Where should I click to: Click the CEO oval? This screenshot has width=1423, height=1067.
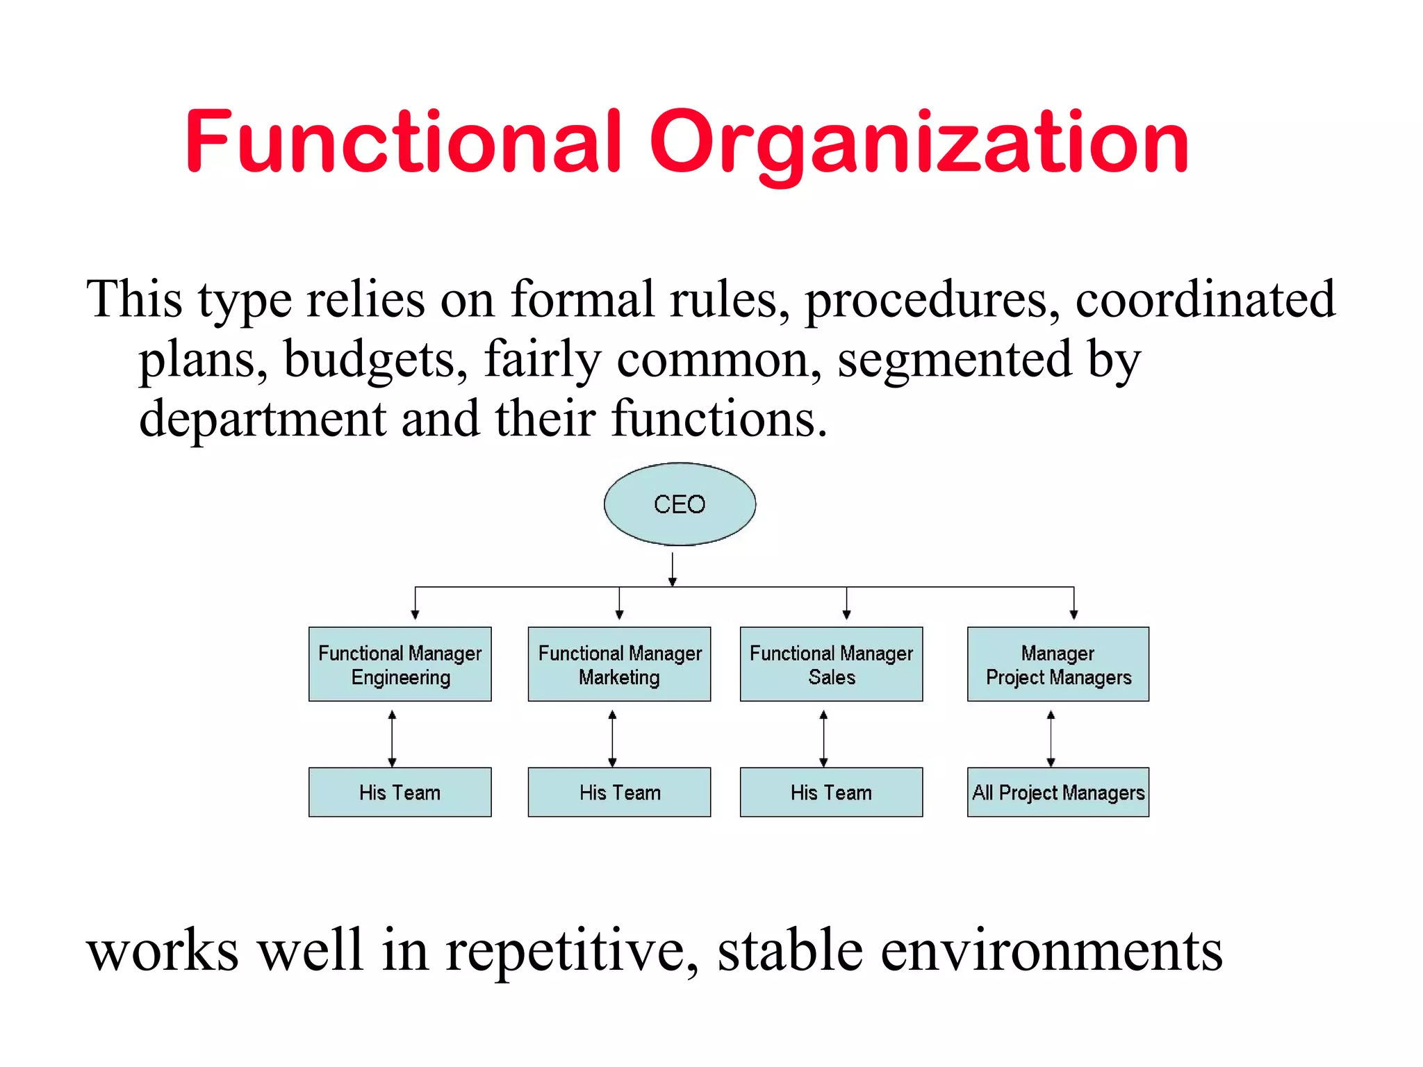pyautogui.click(x=680, y=504)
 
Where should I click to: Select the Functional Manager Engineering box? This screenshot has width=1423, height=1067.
pyautogui.click(x=400, y=664)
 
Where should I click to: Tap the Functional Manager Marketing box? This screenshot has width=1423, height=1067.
pyautogui.click(x=619, y=664)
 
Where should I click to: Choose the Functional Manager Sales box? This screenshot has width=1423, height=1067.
pyautogui.click(x=831, y=664)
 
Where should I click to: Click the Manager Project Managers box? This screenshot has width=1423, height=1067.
pyautogui.click(x=1058, y=664)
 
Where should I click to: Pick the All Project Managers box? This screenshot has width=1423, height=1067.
pyautogui.click(x=1058, y=792)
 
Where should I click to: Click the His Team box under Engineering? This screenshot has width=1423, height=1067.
pyautogui.click(x=400, y=792)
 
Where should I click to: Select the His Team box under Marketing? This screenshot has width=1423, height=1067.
pyautogui.click(x=619, y=792)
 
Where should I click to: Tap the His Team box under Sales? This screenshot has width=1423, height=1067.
pyautogui.click(x=831, y=792)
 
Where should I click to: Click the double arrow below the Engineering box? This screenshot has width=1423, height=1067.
pyautogui.click(x=392, y=738)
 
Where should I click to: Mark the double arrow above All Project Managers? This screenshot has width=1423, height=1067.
pyautogui.click(x=1051, y=738)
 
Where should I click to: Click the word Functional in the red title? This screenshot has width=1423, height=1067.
pyautogui.click(x=404, y=142)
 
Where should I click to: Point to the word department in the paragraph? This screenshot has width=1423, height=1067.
pyautogui.click(x=263, y=420)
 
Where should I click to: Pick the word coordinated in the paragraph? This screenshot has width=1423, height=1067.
pyautogui.click(x=1206, y=299)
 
